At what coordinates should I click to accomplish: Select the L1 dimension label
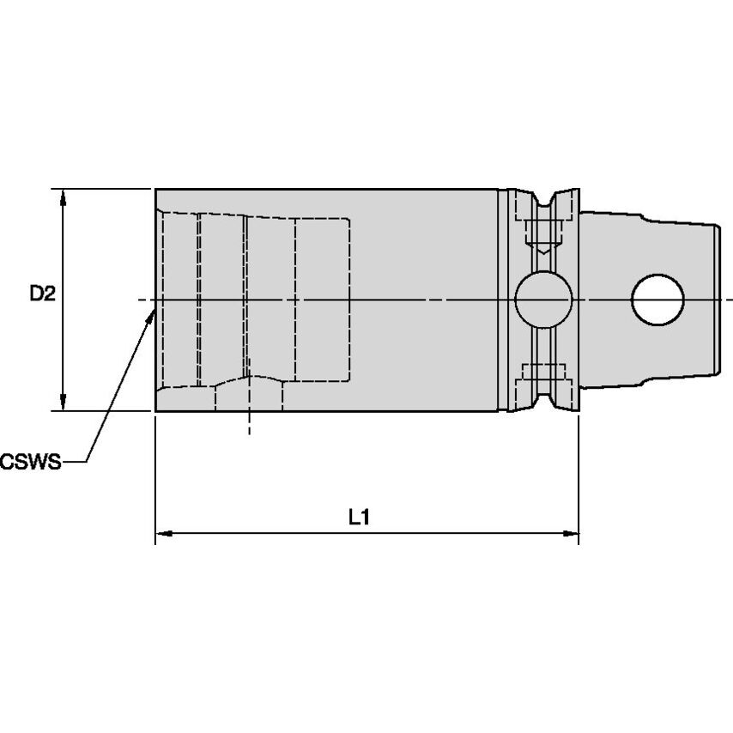pos(358,517)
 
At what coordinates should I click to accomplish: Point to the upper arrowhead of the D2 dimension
pos(63,197)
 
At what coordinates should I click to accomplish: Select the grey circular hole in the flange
pos(542,300)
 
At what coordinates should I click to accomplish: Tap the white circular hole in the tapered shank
pos(657,300)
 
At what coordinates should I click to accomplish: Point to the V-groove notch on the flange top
pos(542,199)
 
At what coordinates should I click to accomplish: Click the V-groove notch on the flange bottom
pos(542,401)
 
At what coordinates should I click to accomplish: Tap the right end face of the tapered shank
pos(717,300)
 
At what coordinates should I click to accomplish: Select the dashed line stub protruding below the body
pos(249,422)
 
